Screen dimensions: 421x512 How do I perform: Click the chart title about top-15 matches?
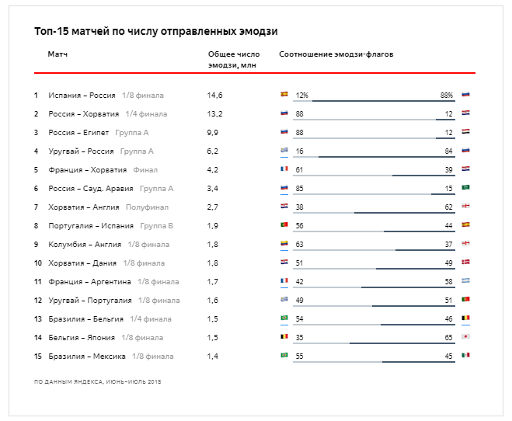click(156, 32)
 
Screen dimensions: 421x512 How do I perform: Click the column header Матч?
click(57, 54)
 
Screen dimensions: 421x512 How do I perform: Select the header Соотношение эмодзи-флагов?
click(336, 54)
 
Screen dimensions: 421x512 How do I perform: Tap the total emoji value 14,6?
click(215, 96)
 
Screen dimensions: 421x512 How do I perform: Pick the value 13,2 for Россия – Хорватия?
click(215, 114)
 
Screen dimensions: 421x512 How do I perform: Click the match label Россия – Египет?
click(78, 133)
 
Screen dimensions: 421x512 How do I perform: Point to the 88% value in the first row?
click(446, 96)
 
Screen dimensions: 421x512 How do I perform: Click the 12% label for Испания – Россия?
click(301, 96)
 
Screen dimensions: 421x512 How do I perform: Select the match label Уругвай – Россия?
click(81, 151)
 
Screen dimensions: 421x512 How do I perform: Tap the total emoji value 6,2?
click(214, 151)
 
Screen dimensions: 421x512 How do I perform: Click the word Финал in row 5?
click(145, 170)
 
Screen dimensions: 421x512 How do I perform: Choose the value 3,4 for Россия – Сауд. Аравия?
click(214, 189)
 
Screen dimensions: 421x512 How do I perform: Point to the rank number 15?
click(37, 357)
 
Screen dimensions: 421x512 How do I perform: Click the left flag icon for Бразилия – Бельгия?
click(284, 318)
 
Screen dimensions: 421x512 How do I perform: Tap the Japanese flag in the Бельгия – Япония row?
click(465, 337)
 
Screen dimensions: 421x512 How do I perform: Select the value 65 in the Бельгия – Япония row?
click(448, 338)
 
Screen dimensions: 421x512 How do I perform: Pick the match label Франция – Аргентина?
click(89, 282)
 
